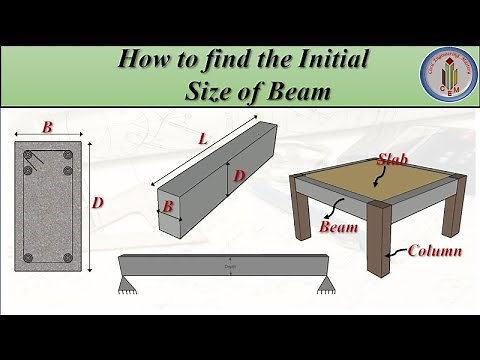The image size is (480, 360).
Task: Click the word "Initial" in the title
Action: tap(319, 60)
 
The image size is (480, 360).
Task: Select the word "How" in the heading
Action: tap(142, 60)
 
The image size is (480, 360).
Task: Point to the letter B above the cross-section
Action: tap(47, 128)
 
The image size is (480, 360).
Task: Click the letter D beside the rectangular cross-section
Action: tap(97, 203)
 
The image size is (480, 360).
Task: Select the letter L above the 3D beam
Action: tap(202, 140)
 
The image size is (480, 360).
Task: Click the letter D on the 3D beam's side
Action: tap(239, 176)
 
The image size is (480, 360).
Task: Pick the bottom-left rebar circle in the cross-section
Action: tap(30, 258)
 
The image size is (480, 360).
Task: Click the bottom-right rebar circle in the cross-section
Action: tap(66, 258)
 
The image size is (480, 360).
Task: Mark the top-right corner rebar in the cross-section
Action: tap(66, 155)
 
